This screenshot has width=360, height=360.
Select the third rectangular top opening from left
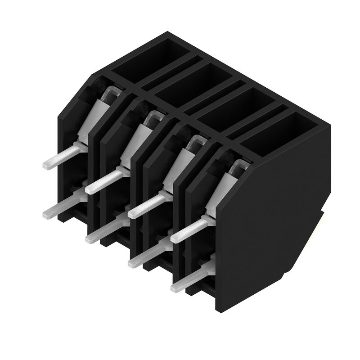(x=234, y=106)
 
